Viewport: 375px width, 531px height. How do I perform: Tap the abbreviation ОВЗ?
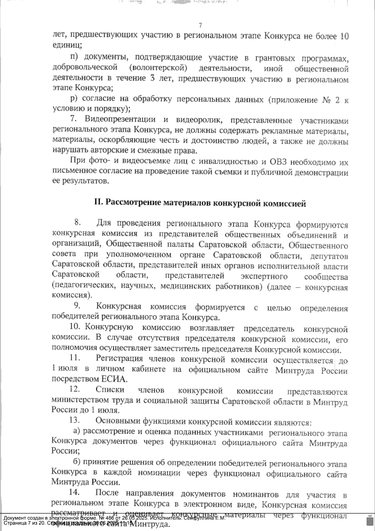point(278,162)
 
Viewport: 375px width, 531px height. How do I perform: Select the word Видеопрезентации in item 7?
point(120,120)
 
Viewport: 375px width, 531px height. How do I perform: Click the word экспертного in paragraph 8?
point(264,276)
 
